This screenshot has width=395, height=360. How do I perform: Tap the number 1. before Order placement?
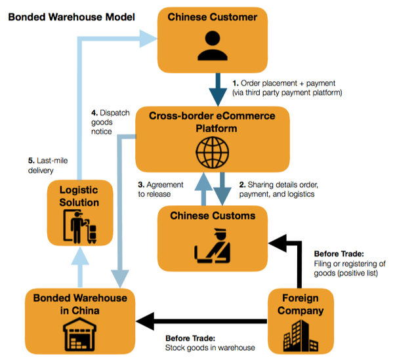pos(236,83)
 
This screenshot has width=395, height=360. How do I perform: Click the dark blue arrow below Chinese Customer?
pos(213,85)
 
